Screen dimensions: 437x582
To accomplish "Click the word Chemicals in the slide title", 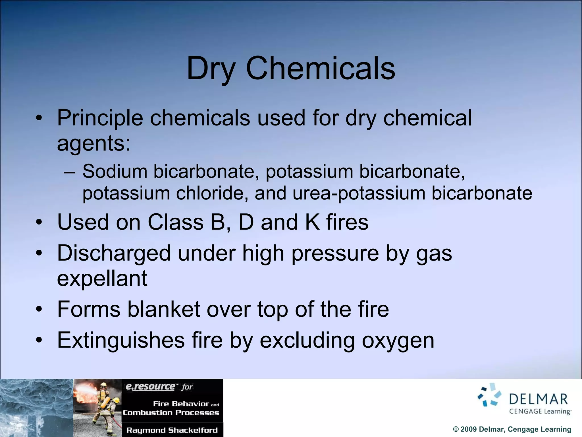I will pyautogui.click(x=320, y=68).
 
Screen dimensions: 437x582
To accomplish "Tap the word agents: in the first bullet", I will pyautogui.click(x=94, y=144).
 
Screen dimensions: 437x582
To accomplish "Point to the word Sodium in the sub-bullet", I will pyautogui.click(x=115, y=172).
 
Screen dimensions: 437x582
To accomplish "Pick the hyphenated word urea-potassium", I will pyautogui.click(x=359, y=194).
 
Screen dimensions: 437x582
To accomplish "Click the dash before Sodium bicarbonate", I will pyautogui.click(x=69, y=172).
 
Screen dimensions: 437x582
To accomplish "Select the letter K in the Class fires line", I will pyautogui.click(x=312, y=222).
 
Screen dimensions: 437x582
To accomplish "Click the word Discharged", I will pyautogui.click(x=114, y=253).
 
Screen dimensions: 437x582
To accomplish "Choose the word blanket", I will pyautogui.click(x=163, y=309).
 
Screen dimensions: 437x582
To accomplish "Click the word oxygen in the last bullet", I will pyautogui.click(x=398, y=341).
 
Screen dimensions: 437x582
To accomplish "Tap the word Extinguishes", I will pyautogui.click(x=121, y=340).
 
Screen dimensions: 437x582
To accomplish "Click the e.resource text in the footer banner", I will pyautogui.click(x=151, y=387).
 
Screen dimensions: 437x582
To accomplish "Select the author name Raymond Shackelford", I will pyautogui.click(x=172, y=430).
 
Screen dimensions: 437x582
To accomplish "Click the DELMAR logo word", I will pyautogui.click(x=538, y=399).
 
